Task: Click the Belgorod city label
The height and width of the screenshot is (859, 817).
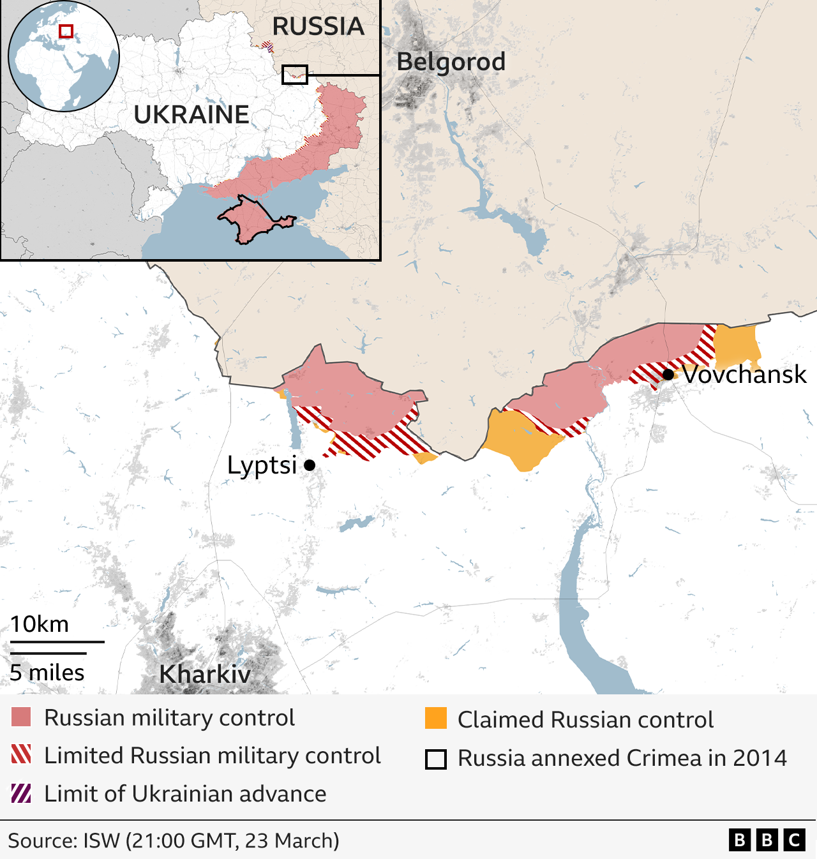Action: click(x=451, y=62)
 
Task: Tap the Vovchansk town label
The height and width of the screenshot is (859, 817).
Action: click(x=744, y=374)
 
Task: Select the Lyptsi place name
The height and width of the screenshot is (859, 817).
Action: click(x=262, y=465)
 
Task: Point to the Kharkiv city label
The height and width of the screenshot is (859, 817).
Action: click(x=205, y=674)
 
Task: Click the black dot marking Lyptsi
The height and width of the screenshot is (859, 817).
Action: click(x=310, y=465)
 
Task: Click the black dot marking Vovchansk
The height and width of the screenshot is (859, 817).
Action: click(x=668, y=375)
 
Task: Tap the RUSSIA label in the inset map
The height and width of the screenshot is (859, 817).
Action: click(x=318, y=26)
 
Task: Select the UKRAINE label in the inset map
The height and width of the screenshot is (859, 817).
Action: click(x=191, y=115)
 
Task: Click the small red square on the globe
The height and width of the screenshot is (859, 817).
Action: click(x=66, y=31)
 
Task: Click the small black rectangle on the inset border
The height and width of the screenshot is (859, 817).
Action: click(x=294, y=75)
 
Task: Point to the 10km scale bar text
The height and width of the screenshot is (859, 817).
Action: click(x=40, y=624)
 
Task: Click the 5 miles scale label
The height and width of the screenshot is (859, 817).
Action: click(x=47, y=673)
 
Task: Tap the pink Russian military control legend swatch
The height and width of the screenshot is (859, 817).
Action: click(x=21, y=717)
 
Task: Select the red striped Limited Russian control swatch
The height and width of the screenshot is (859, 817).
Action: click(x=21, y=755)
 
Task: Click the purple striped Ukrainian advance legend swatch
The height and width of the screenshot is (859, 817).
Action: click(x=21, y=793)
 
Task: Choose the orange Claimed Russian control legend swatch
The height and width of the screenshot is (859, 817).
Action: click(x=436, y=719)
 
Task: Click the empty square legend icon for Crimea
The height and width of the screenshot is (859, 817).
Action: click(x=436, y=759)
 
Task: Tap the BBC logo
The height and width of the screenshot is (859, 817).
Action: click(x=767, y=840)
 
